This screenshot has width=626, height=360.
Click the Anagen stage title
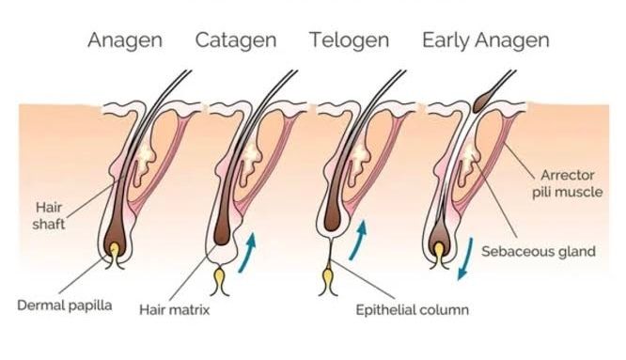(125, 40)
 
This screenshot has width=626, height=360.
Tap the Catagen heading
(236, 40)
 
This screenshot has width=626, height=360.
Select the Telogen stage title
(350, 40)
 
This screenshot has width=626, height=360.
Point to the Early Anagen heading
(486, 40)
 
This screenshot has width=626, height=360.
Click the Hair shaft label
(48, 215)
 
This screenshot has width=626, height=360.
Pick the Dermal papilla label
(65, 305)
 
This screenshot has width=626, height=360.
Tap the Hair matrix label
(175, 309)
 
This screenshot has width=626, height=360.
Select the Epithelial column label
(412, 310)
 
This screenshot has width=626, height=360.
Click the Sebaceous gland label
(539, 252)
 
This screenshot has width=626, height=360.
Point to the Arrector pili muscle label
(568, 183)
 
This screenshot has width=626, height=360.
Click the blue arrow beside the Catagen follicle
(247, 253)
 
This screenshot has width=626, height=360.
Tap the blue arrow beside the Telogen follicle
(358, 240)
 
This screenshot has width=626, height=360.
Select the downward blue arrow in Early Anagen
(465, 258)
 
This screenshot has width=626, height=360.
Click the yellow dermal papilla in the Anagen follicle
(115, 252)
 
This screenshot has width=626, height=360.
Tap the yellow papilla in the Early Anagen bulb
(439, 252)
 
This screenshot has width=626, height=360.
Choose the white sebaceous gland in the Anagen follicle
(145, 164)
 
